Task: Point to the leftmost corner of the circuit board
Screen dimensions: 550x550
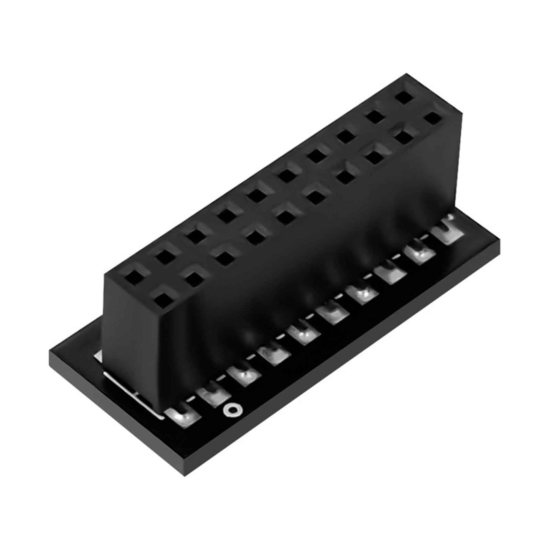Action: point(50,350)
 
